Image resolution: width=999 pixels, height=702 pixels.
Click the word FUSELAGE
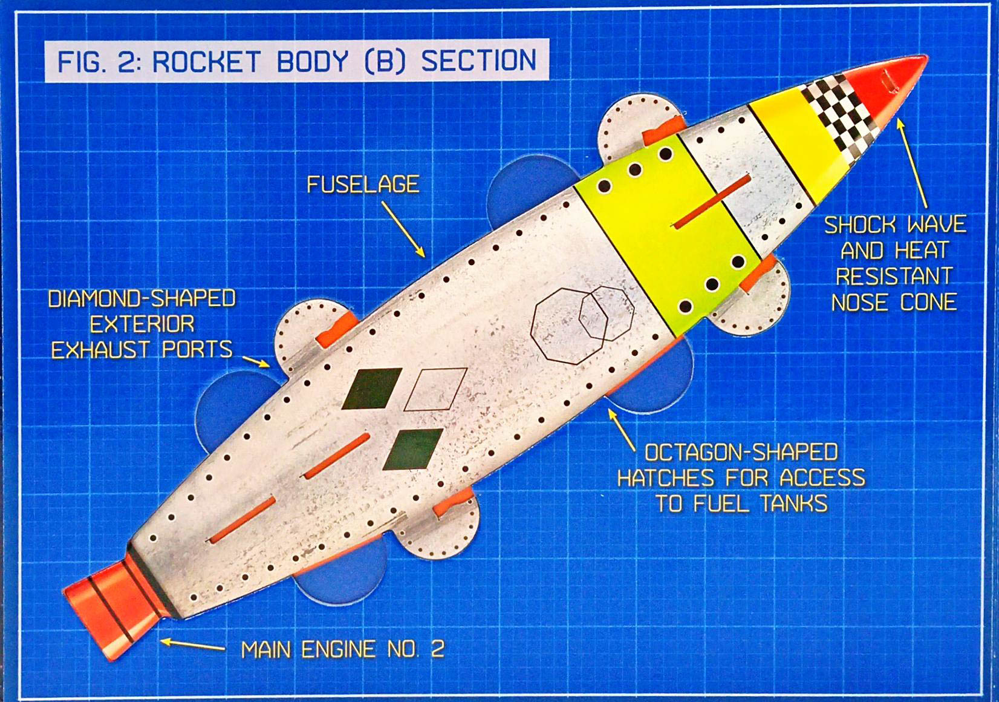click(x=363, y=185)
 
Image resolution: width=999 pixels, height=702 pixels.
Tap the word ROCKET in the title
click(x=206, y=62)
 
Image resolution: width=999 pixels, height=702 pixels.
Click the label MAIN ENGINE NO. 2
click(x=342, y=650)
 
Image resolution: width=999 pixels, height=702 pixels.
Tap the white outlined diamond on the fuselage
click(x=435, y=389)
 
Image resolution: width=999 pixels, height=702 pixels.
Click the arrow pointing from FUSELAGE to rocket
click(x=403, y=230)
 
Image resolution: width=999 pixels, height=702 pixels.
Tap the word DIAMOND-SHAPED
click(x=142, y=299)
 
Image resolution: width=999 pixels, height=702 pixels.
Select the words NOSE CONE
click(x=894, y=302)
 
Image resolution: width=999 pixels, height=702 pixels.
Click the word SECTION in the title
click(x=478, y=62)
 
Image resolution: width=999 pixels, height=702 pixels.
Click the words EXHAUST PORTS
click(x=142, y=350)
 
